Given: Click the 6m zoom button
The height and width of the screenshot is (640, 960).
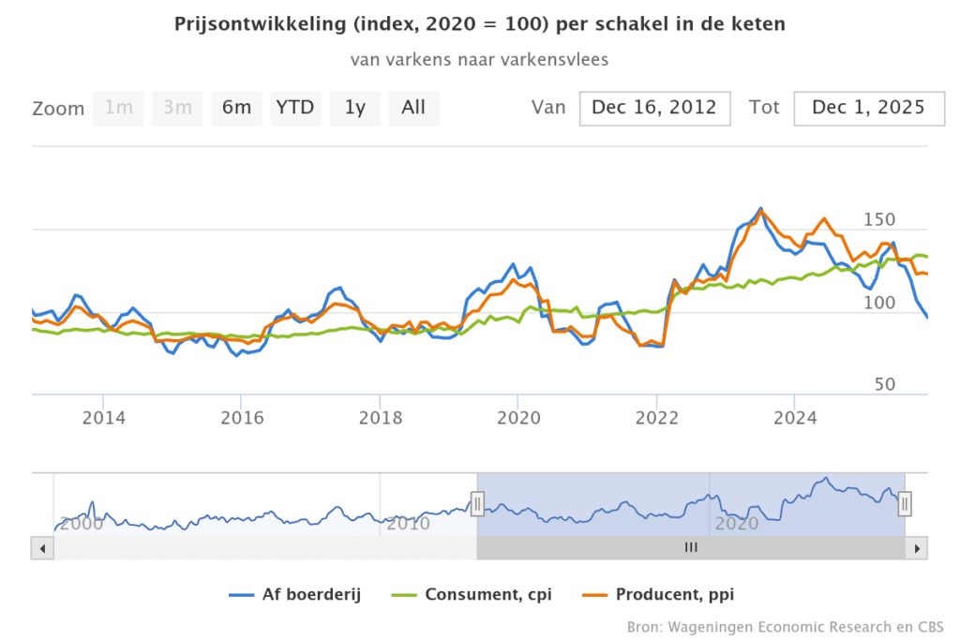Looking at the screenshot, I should pyautogui.click(x=236, y=108).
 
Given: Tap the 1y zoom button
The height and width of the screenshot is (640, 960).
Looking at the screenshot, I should pyautogui.click(x=355, y=108).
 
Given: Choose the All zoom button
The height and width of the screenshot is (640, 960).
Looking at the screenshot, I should pyautogui.click(x=413, y=108).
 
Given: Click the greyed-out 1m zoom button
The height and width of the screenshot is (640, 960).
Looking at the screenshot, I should pyautogui.click(x=118, y=108).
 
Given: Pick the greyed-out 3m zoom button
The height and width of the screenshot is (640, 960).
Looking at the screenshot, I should pyautogui.click(x=177, y=108).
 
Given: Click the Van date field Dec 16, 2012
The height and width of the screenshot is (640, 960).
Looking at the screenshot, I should pyautogui.click(x=654, y=108).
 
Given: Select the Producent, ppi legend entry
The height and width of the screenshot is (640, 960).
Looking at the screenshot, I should pyautogui.click(x=669, y=594).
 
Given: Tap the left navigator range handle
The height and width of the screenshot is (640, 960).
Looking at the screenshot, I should pyautogui.click(x=477, y=503).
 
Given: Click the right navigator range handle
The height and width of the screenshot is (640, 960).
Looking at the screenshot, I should pyautogui.click(x=905, y=503).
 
